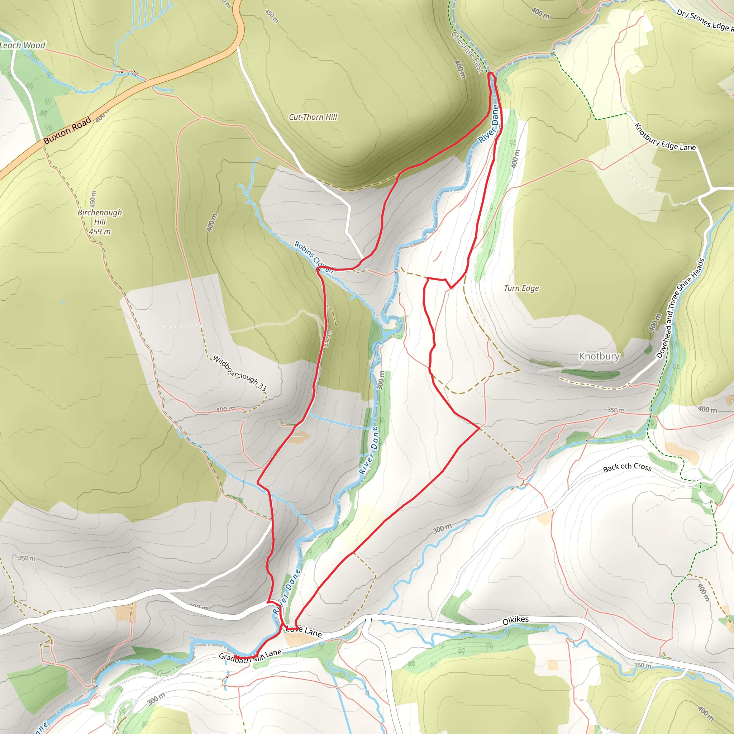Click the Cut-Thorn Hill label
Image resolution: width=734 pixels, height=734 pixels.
pyautogui.click(x=313, y=117)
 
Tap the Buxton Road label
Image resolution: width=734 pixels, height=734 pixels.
pyautogui.click(x=67, y=130)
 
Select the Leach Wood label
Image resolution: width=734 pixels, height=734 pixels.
pyautogui.click(x=23, y=45)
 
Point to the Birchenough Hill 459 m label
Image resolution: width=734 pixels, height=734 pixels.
pyautogui.click(x=100, y=222)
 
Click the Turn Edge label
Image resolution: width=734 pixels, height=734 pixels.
pyautogui.click(x=521, y=289)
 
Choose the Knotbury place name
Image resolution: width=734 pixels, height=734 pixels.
pyautogui.click(x=599, y=356)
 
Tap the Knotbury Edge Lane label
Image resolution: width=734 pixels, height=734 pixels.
pyautogui.click(x=665, y=138)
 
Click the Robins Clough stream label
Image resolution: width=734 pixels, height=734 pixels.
pyautogui.click(x=314, y=257)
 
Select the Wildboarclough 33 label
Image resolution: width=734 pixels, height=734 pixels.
pyautogui.click(x=239, y=373)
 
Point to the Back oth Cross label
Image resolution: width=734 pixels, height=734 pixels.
pyautogui.click(x=627, y=467)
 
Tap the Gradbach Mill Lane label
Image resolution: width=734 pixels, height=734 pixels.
pyautogui.click(x=250, y=656)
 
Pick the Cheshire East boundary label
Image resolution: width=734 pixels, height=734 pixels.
pyautogui.click(x=467, y=52)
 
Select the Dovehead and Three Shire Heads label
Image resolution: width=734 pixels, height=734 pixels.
pyautogui.click(x=681, y=308)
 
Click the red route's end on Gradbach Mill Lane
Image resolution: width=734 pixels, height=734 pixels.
pyautogui.click(x=235, y=657)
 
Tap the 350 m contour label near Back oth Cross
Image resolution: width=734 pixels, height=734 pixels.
pyautogui.click(x=615, y=410)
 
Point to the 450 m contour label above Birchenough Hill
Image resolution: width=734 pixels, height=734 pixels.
pyautogui.click(x=93, y=199)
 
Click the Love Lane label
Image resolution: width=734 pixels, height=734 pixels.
pyautogui.click(x=304, y=631)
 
